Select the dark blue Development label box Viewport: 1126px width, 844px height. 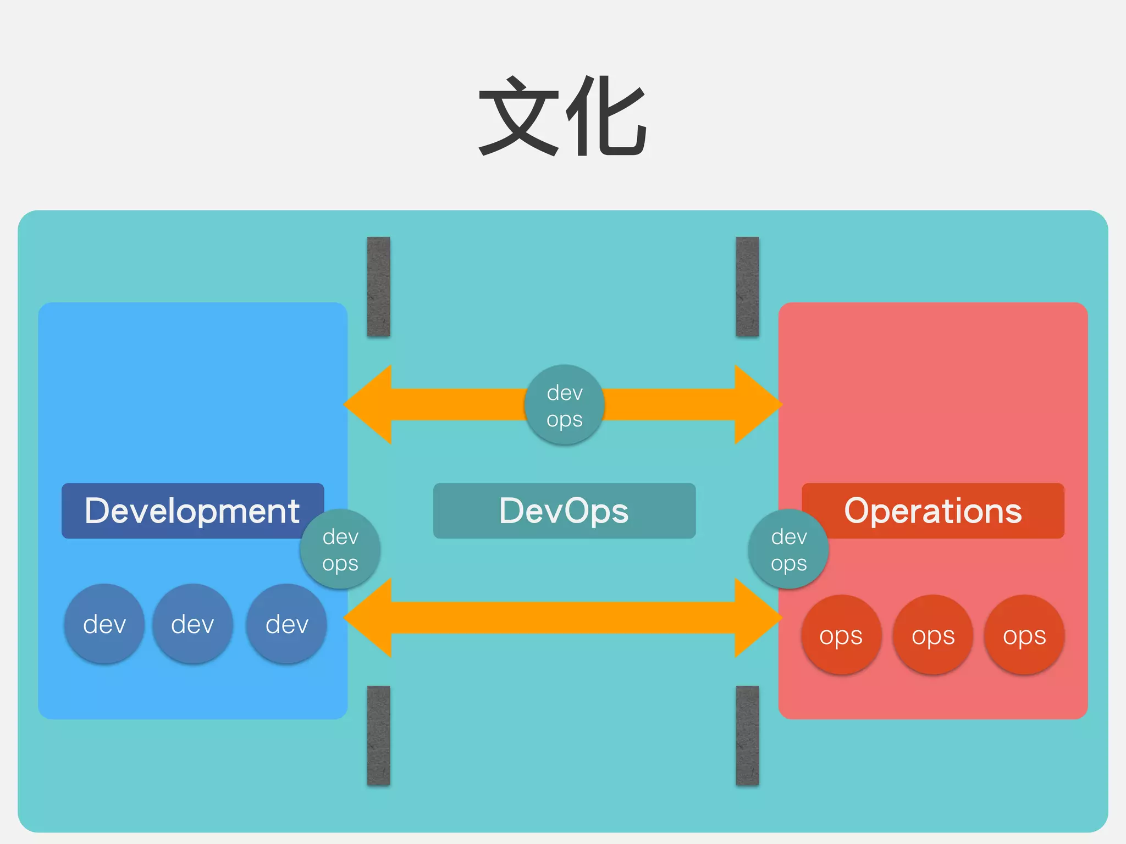coord(187,510)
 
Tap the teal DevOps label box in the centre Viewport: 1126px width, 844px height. coord(564,510)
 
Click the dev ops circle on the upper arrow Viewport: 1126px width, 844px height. coord(564,405)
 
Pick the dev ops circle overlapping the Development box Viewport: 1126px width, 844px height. coord(340,549)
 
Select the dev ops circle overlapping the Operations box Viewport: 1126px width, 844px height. coord(788,549)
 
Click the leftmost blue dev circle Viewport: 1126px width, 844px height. coord(104,624)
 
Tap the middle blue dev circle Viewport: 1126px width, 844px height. coord(192,624)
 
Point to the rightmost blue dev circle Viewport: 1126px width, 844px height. coord(286,624)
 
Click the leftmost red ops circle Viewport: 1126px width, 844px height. coord(841,635)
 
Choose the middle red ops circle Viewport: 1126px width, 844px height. coord(932,635)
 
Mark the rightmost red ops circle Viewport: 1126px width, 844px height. coord(1024,635)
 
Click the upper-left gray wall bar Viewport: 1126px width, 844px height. coord(378,286)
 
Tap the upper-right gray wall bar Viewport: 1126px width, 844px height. coord(747,286)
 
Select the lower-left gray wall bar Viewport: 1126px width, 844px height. coord(378,735)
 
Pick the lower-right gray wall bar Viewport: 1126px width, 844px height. coord(747,735)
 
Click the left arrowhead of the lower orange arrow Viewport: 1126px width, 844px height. coord(371,618)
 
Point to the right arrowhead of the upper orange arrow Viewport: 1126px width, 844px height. coord(756,404)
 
